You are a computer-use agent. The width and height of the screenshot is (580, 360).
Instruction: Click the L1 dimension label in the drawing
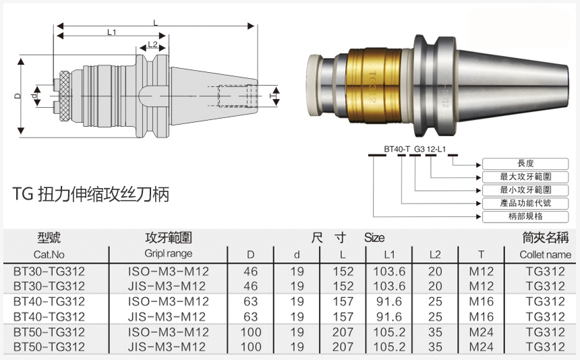(x=111, y=32)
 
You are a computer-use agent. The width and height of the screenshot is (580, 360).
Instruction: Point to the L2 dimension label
(x=152, y=44)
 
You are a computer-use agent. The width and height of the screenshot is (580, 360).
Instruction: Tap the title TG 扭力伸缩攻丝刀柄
(x=90, y=195)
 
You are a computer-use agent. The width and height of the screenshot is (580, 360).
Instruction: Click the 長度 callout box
(x=525, y=164)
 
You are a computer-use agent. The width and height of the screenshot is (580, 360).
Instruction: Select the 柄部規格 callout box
(x=525, y=216)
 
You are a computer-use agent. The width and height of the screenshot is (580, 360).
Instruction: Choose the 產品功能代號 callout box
(x=525, y=203)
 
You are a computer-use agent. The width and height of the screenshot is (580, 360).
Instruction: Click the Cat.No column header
(x=49, y=254)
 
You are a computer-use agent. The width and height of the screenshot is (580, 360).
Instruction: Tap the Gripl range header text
(x=168, y=253)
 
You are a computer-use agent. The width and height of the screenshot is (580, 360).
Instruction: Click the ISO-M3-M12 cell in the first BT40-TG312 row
(x=169, y=301)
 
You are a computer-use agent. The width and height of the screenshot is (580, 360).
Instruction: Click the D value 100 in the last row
(x=251, y=347)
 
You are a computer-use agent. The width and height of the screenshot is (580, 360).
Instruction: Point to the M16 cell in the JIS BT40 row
(x=482, y=317)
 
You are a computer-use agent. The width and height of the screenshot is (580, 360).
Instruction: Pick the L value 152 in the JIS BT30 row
(x=343, y=287)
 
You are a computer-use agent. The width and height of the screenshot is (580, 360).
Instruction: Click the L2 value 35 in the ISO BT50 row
(x=435, y=332)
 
